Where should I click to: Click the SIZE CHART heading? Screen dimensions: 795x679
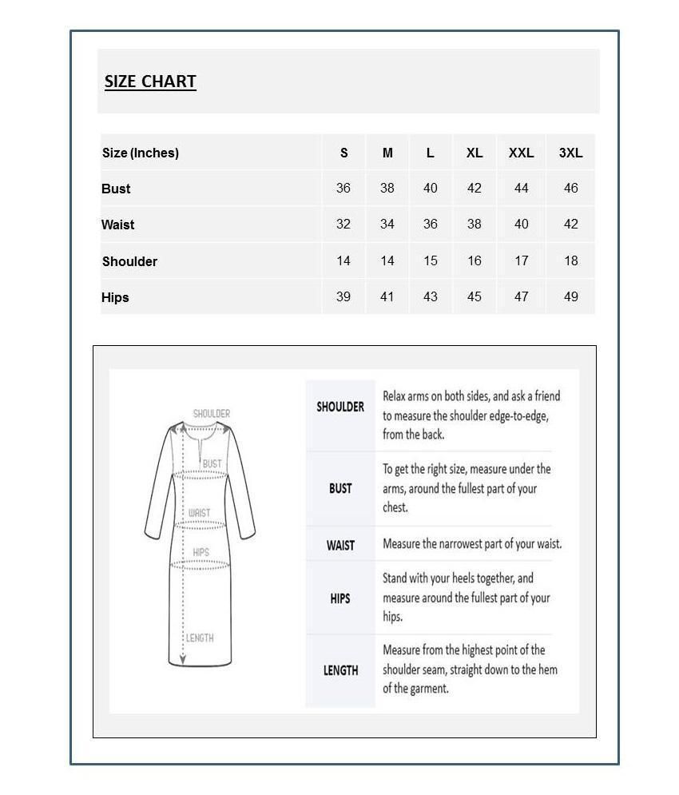click(150, 81)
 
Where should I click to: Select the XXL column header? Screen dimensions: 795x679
click(521, 153)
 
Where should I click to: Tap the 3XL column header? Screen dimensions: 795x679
click(570, 153)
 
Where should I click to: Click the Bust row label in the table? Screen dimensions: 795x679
click(116, 189)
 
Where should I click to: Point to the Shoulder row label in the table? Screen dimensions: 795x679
click(129, 261)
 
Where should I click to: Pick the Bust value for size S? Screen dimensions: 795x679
click(343, 189)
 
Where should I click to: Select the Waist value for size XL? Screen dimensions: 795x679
click(475, 225)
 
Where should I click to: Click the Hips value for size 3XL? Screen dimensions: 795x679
click(570, 296)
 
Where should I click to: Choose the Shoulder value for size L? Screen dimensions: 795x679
click(431, 260)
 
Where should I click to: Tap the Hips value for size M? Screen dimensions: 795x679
click(387, 296)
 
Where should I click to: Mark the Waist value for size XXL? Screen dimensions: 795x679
click(521, 225)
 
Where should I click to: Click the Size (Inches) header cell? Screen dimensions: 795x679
click(141, 153)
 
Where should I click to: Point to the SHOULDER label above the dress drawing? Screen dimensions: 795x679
click(212, 413)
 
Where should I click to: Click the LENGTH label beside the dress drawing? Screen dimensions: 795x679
click(200, 638)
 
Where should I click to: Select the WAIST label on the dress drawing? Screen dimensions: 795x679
click(200, 512)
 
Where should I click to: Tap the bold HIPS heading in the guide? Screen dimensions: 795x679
click(340, 598)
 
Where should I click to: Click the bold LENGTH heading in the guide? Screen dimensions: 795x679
click(340, 670)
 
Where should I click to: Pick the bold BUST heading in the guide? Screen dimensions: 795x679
click(340, 488)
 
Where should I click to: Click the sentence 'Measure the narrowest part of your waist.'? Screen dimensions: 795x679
click(472, 544)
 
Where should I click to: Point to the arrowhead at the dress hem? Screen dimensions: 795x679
click(183, 660)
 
